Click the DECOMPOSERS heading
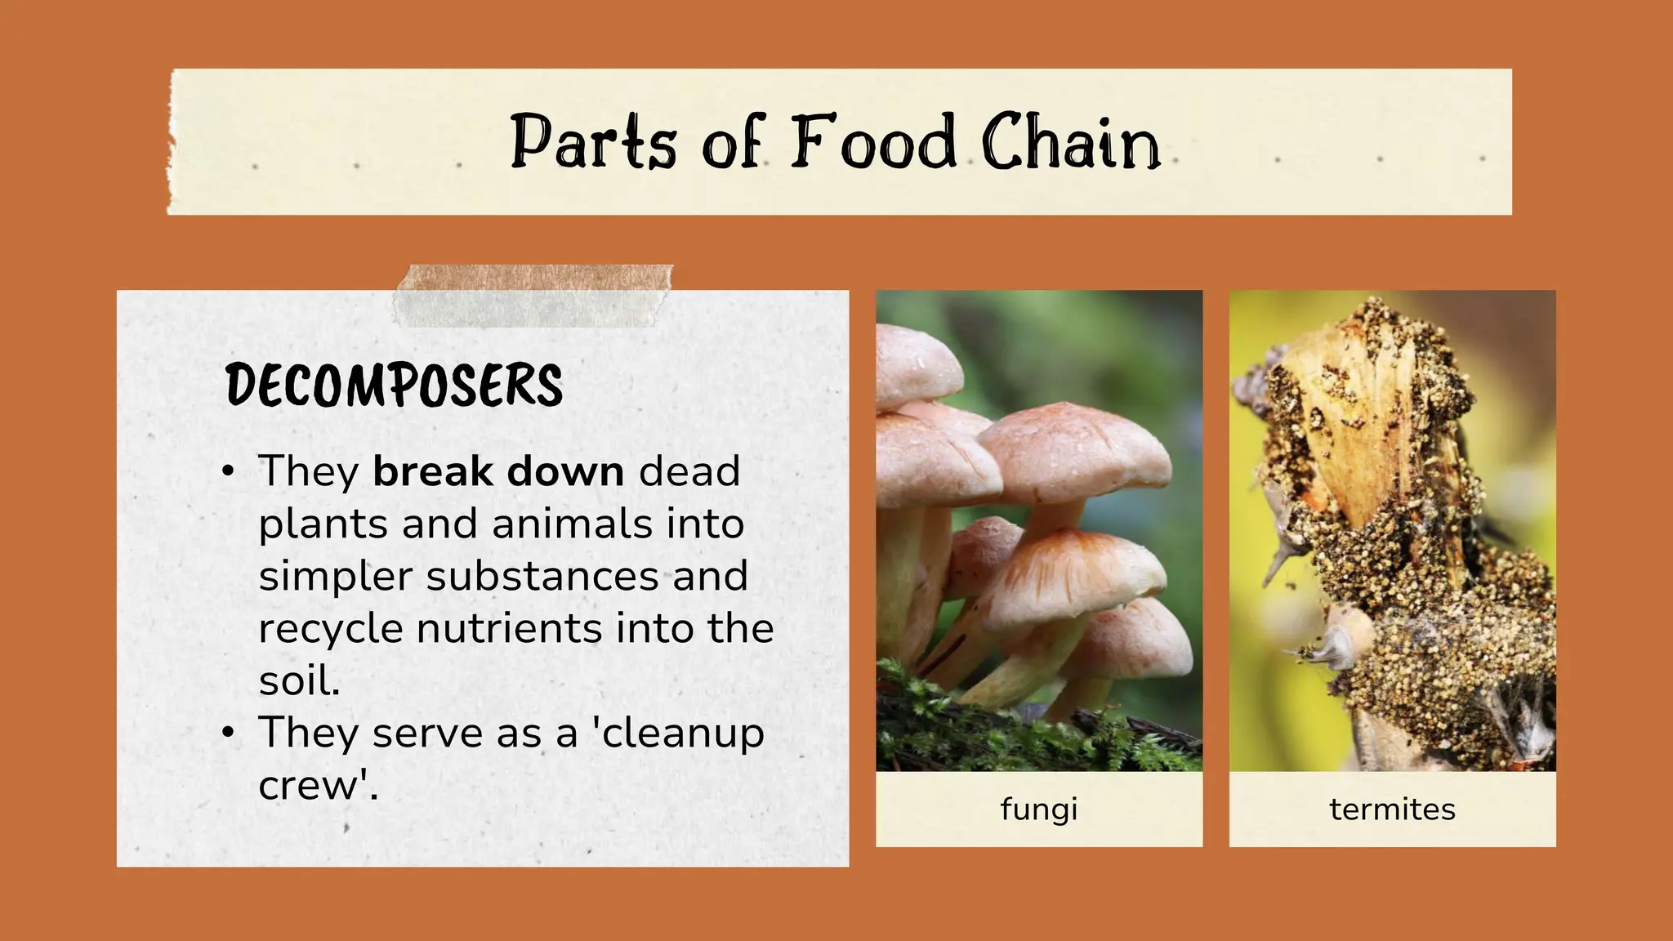(394, 386)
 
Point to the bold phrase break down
(498, 472)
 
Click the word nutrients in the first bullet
(510, 629)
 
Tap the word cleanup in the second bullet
(683, 734)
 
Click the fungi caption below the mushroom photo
(1039, 809)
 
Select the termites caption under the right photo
(1392, 809)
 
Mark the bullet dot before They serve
(229, 733)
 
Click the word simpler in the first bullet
(336, 577)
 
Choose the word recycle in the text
(331, 629)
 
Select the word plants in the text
(323, 524)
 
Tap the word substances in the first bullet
(542, 577)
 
